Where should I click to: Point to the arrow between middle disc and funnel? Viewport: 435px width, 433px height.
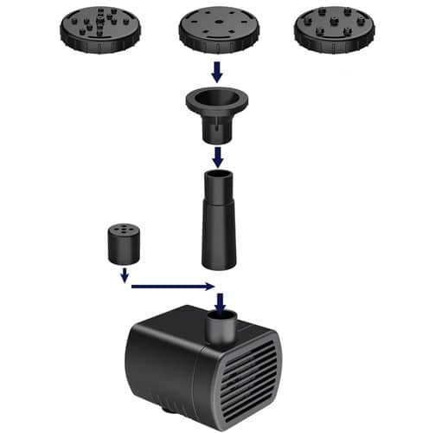218,69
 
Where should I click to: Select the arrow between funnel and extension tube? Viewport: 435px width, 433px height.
219,157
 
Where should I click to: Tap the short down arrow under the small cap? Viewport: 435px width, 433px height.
125,275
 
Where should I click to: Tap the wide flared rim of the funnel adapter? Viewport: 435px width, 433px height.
219,96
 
